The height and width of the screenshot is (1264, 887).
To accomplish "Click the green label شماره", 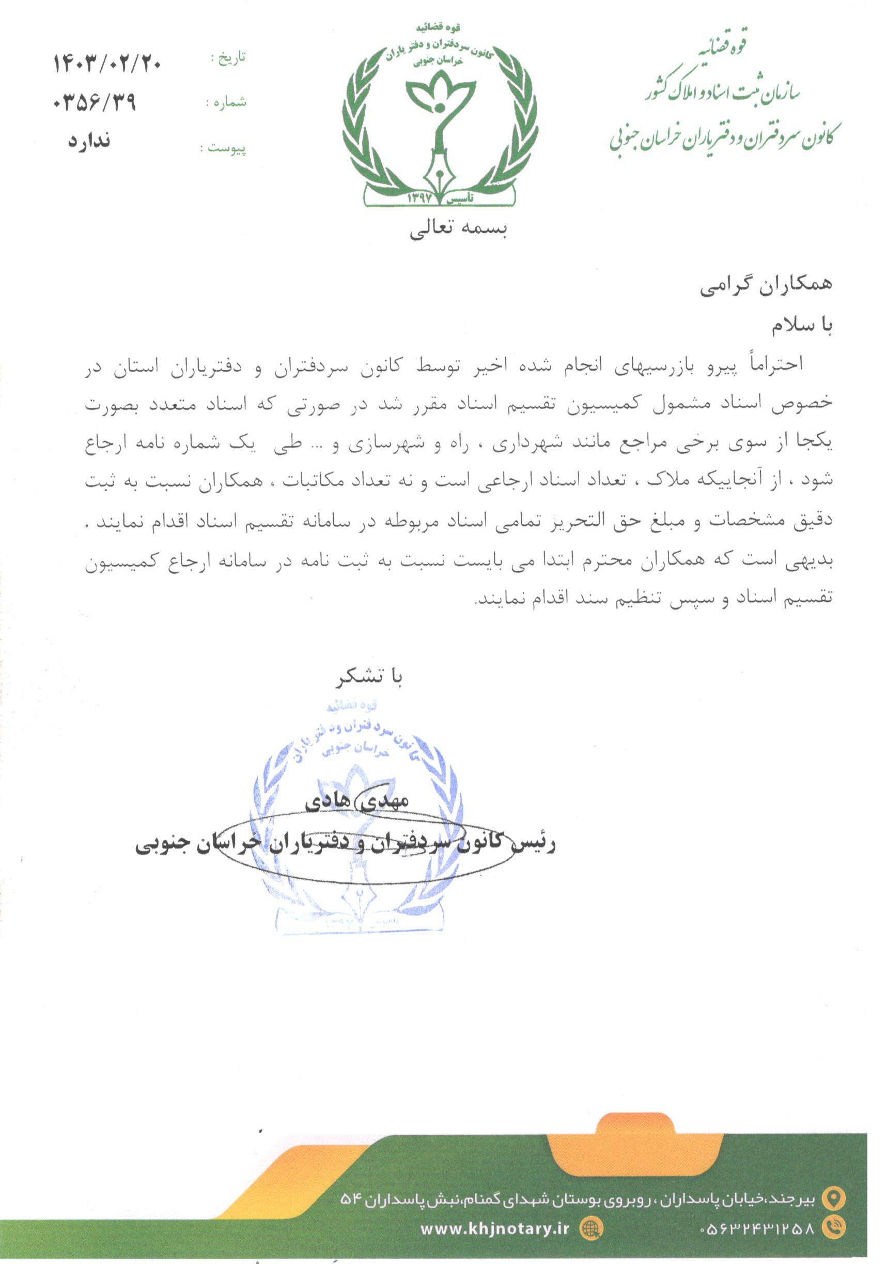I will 226,103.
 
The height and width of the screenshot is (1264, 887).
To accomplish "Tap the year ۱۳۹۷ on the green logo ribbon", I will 421,198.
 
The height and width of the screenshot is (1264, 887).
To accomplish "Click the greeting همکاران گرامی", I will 767,286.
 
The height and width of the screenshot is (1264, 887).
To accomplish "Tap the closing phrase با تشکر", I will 369,678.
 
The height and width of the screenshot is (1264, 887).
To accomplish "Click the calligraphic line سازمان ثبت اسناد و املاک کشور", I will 723,93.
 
